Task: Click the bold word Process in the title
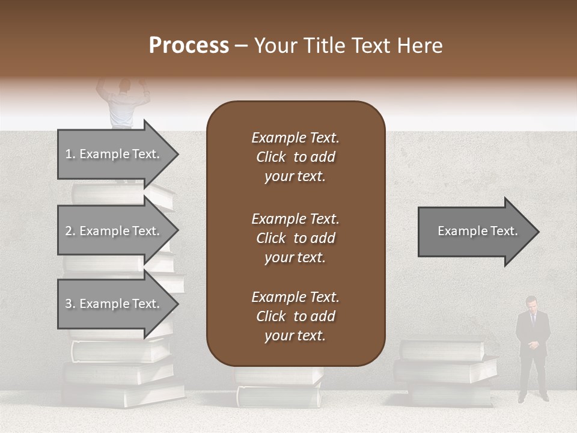tap(189, 46)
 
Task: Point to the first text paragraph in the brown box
tap(295, 157)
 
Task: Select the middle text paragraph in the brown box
tap(295, 238)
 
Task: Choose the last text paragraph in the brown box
tap(295, 316)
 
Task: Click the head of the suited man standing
tap(531, 303)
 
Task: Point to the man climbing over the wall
tap(123, 102)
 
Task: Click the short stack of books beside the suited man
tap(445, 370)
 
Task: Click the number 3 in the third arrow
tap(69, 304)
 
